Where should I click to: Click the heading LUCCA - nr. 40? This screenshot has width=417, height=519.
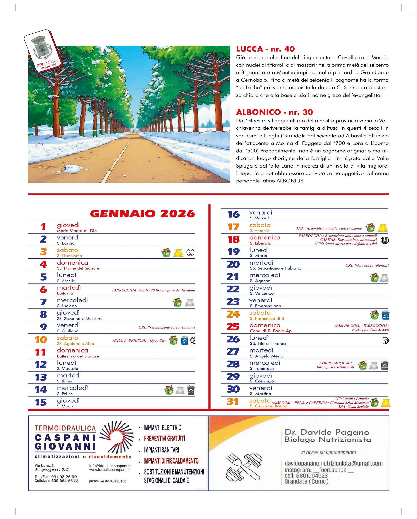[x=265, y=49]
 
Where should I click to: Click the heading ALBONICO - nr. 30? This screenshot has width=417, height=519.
[x=274, y=112]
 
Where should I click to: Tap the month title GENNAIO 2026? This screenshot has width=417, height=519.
[x=142, y=214]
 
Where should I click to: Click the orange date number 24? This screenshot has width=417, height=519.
[x=233, y=314]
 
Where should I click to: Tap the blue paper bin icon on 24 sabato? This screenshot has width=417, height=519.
[x=386, y=315]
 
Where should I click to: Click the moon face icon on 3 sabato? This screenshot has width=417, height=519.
[x=190, y=252]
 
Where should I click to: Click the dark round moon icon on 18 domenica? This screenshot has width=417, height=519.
[x=385, y=240]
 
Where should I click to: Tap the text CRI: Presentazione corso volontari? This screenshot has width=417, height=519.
[x=167, y=327]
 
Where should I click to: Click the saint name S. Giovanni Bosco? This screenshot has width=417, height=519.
[x=268, y=406]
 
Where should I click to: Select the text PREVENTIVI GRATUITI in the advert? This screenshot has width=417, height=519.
[x=164, y=438]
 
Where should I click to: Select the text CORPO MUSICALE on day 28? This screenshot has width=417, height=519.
[x=336, y=363]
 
